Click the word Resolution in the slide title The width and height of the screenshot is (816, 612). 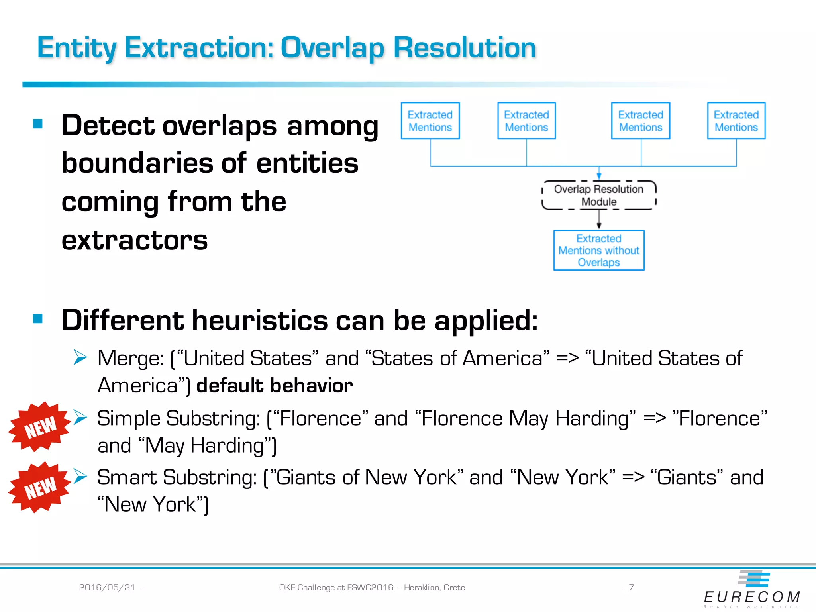tap(465, 48)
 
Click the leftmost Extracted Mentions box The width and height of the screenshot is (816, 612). tap(430, 121)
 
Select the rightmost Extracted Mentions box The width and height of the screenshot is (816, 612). tap(736, 121)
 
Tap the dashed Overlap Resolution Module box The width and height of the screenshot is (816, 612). tap(598, 195)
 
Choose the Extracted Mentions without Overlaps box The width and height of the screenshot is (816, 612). tap(598, 250)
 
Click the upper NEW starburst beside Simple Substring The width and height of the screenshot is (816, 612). tap(39, 427)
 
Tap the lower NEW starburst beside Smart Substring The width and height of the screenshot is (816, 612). tap(39, 487)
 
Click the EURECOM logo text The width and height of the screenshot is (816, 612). tap(752, 597)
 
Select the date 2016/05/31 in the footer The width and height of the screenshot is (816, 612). tap(107, 587)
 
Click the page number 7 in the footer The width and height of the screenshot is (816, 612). tap(631, 587)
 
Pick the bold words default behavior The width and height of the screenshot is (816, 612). tap(275, 386)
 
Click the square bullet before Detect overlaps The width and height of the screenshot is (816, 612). tap(38, 124)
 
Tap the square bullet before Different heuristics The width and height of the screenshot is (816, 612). tap(38, 318)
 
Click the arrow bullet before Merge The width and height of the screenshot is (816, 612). tap(80, 357)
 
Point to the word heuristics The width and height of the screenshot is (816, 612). tap(260, 320)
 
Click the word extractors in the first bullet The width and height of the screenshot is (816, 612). tap(135, 240)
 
